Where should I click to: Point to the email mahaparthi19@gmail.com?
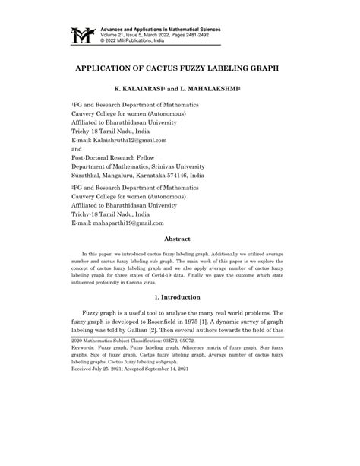(129, 222)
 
